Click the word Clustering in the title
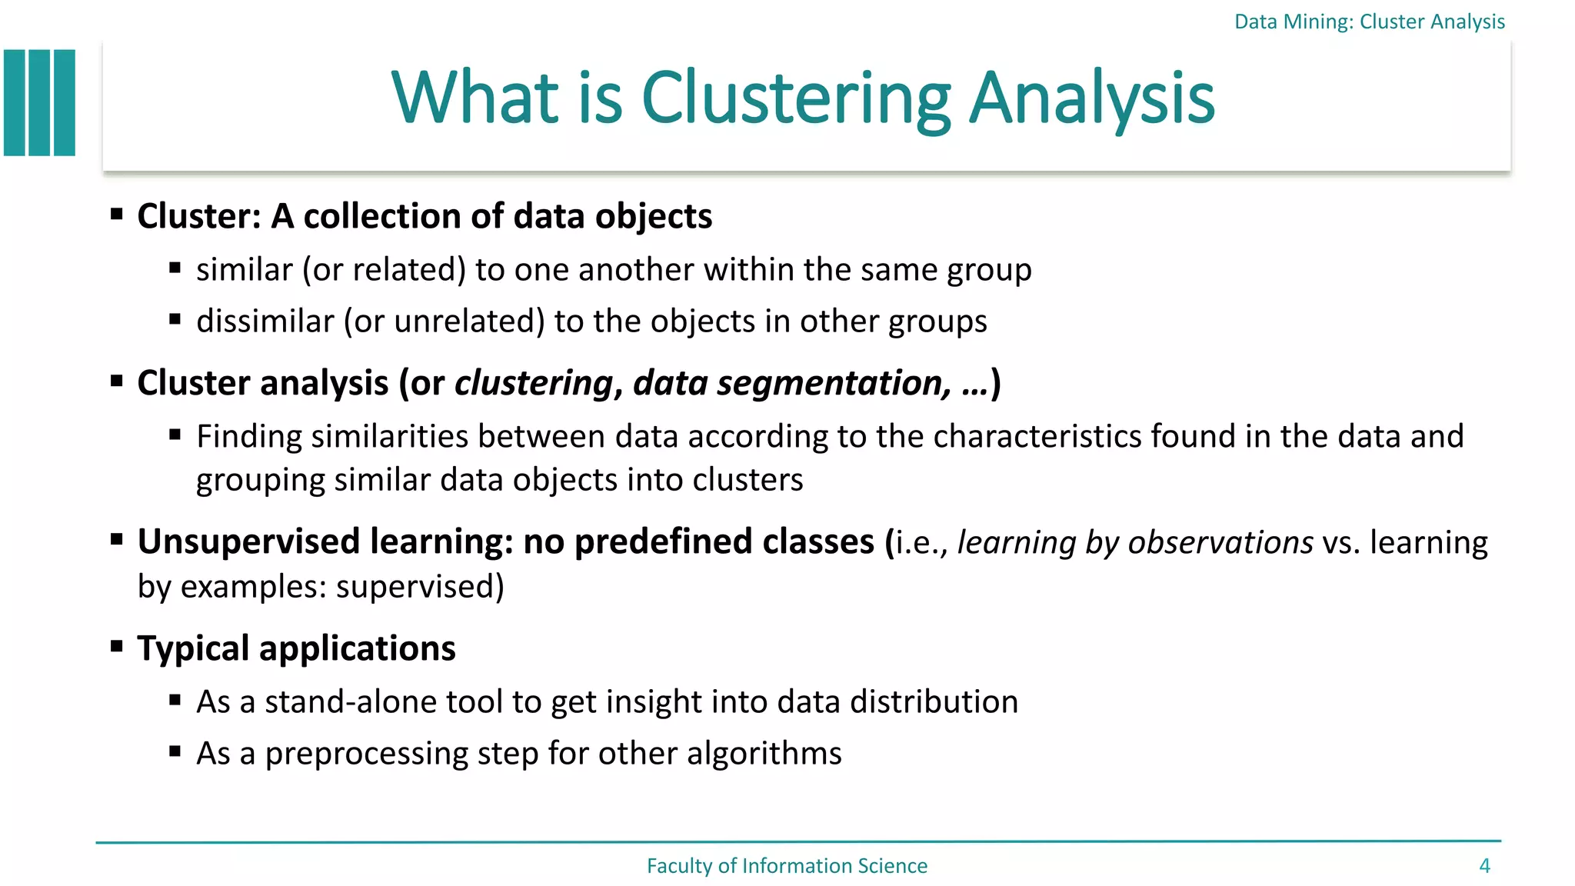(796, 98)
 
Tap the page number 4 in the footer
(1484, 866)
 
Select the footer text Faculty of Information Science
(787, 866)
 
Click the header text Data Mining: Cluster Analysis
(1369, 22)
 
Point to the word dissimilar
(265, 321)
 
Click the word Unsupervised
(248, 542)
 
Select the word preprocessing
(366, 754)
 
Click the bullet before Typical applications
(117, 646)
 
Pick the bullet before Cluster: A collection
(117, 214)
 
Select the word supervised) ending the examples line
(420, 587)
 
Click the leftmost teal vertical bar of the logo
(15, 103)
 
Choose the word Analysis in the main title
(1091, 98)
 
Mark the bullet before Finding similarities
(175, 435)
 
